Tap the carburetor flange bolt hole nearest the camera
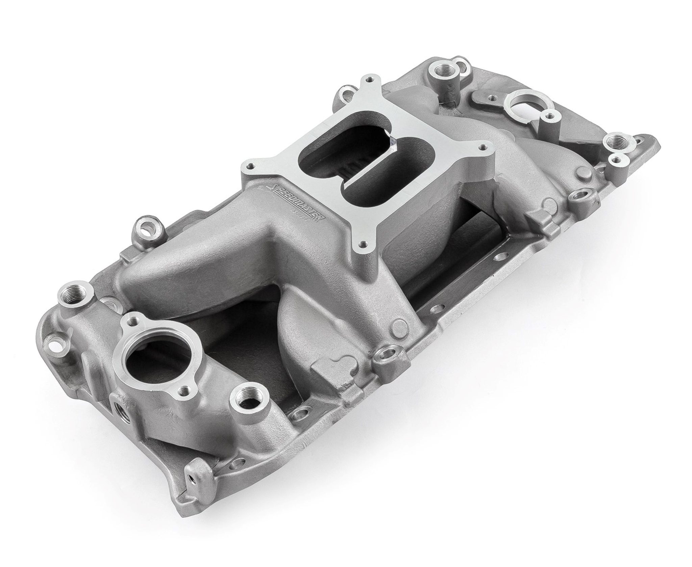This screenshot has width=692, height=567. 362,242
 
